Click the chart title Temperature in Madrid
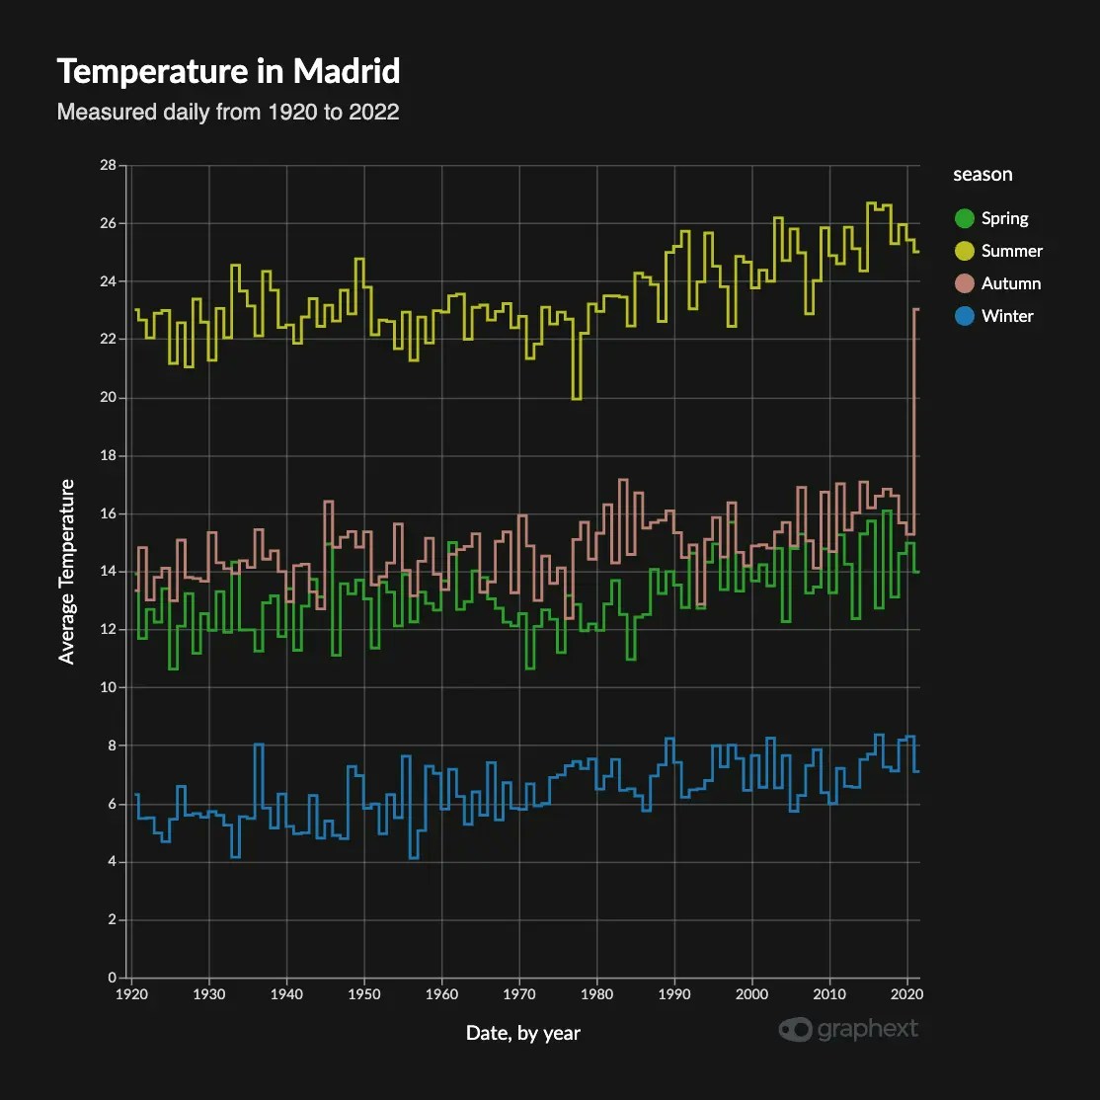(228, 72)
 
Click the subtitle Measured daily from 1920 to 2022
(228, 112)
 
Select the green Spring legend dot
(964, 218)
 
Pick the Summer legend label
(1011, 251)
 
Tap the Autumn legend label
(1010, 283)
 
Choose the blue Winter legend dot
(964, 316)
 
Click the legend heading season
(982, 175)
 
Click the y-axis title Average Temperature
(67, 571)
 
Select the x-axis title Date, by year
(523, 1033)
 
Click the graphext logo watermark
(848, 1029)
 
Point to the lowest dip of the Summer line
(577, 399)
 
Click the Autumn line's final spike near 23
(916, 310)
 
